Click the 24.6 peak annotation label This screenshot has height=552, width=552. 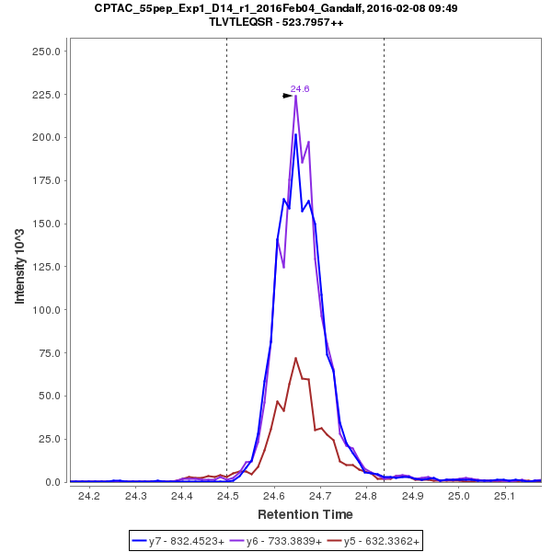[x=300, y=89]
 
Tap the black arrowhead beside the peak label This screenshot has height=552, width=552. [x=287, y=95]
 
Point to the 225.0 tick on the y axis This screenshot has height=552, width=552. [x=46, y=95]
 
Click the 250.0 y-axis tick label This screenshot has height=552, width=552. [x=46, y=52]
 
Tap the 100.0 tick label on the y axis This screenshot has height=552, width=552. [x=46, y=310]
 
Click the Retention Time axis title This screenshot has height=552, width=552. [x=304, y=513]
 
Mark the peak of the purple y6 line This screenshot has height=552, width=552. [x=295, y=95]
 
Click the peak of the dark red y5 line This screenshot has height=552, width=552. [x=295, y=358]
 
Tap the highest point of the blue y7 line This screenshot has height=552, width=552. [x=295, y=134]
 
